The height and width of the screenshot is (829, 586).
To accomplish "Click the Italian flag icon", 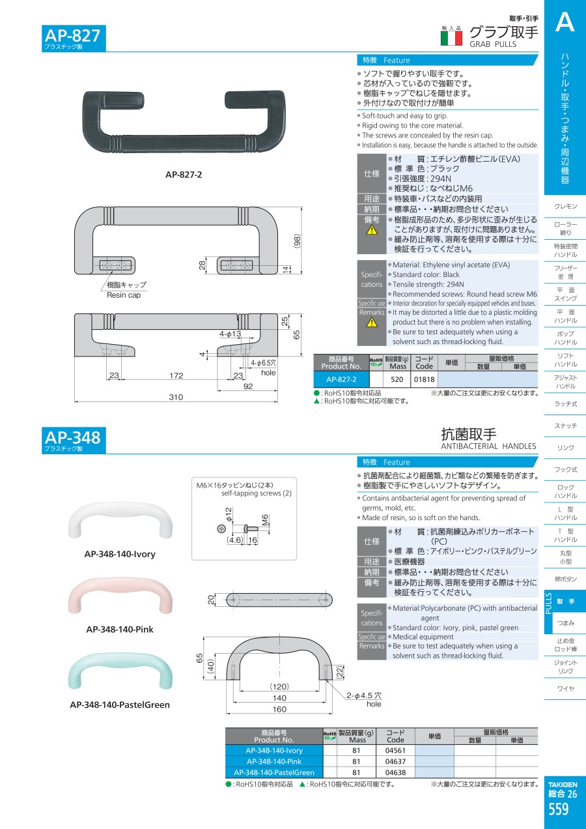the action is pyautogui.click(x=451, y=38).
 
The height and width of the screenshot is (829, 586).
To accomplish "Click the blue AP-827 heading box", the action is pyautogui.click(x=74, y=38).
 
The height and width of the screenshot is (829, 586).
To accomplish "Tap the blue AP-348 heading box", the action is pyautogui.click(x=74, y=440).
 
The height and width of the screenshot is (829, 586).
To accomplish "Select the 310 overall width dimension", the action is pyautogui.click(x=176, y=397).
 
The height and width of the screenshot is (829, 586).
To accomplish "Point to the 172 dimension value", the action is pyautogui.click(x=176, y=375).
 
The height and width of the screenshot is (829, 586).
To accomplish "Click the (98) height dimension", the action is pyautogui.click(x=298, y=241).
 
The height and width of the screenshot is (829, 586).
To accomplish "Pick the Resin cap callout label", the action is pyautogui.click(x=124, y=295).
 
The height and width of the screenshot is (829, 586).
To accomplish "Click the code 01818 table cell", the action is pyautogui.click(x=424, y=379).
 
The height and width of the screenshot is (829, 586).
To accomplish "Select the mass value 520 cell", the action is pyautogui.click(x=397, y=379).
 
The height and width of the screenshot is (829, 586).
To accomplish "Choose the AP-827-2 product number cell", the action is pyautogui.click(x=341, y=379).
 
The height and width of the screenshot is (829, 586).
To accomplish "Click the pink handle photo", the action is pyautogui.click(x=120, y=596).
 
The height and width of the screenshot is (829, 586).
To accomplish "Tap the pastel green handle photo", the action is pyautogui.click(x=120, y=671).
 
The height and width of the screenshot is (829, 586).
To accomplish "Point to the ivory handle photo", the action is pyautogui.click(x=120, y=520).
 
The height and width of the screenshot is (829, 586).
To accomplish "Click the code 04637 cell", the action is pyautogui.click(x=395, y=761).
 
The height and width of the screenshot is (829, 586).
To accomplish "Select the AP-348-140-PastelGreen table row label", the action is pyautogui.click(x=274, y=772).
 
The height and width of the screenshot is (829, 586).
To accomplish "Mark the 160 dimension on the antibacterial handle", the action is pyautogui.click(x=279, y=709).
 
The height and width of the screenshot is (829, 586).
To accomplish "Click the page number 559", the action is pyautogui.click(x=558, y=809).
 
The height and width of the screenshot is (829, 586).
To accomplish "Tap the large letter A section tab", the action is pyautogui.click(x=565, y=22).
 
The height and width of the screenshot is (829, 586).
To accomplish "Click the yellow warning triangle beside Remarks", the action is pyautogui.click(x=372, y=323).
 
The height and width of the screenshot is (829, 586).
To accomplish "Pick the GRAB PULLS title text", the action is pyautogui.click(x=493, y=44).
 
